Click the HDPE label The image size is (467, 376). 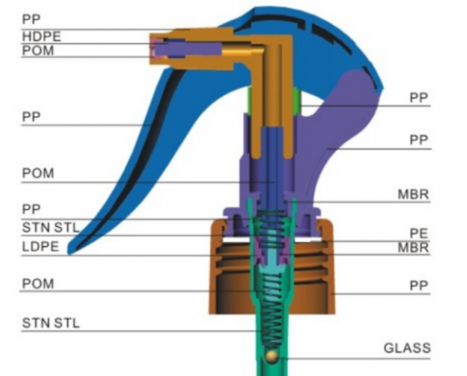coord(42,36)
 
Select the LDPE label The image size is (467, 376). coord(41,247)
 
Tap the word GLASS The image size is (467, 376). coord(407,348)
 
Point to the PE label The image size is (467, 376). coord(419,233)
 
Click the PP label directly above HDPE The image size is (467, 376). coord(31,19)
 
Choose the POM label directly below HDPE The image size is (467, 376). coord(38,50)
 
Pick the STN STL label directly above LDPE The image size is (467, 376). coord(51,228)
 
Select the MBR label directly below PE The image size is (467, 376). coord(413,248)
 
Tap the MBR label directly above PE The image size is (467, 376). coord(413,195)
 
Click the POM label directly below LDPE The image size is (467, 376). coord(38,283)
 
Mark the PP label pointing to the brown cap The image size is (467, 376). coord(418,286)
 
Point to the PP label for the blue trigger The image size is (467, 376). coord(31,117)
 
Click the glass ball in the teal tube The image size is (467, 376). coord(272,356)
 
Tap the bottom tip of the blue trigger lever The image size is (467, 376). coord(70,254)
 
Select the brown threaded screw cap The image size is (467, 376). coord(272,267)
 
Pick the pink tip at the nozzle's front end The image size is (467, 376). coord(154,49)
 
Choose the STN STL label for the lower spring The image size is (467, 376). coord(51,323)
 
